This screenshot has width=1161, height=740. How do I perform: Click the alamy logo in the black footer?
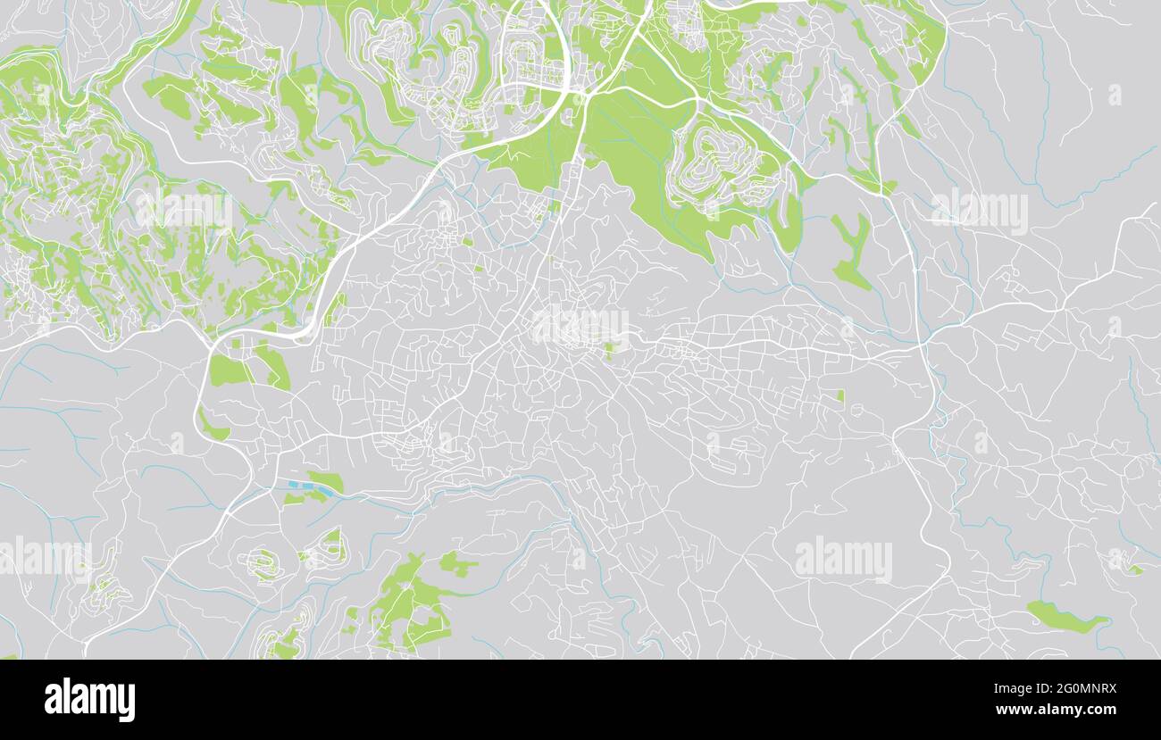click(89, 699)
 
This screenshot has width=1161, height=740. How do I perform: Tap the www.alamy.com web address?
click(1056, 711)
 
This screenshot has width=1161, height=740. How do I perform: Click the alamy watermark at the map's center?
click(580, 326)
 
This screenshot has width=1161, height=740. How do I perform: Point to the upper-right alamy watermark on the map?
click(979, 211)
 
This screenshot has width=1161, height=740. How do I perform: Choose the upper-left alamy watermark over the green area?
click(183, 211)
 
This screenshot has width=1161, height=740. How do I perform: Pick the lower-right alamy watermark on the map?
click(843, 559)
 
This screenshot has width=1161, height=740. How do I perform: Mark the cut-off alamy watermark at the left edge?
click(45, 559)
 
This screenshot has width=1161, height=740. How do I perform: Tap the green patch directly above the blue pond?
click(325, 479)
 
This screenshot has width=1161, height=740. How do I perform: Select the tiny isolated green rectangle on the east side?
click(840, 395)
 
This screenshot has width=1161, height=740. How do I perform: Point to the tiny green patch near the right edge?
click(1133, 569)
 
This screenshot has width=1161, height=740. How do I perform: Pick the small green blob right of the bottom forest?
click(456, 564)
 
